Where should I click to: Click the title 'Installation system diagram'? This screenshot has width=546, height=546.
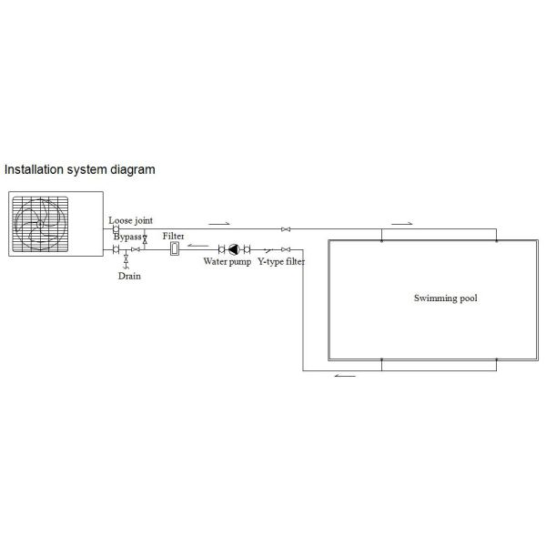(x=80, y=169)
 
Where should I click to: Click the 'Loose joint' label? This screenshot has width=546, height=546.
(x=130, y=220)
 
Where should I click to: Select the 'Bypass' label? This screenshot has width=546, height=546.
(x=126, y=237)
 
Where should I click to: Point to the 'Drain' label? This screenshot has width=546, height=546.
(x=129, y=276)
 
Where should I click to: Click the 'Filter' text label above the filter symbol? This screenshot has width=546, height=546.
(x=174, y=237)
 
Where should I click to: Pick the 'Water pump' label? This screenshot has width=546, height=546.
(x=227, y=262)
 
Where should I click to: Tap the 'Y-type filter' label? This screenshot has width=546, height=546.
(x=280, y=262)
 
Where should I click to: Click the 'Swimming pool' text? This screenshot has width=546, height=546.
(x=445, y=298)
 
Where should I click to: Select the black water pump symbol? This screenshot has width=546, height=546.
(x=234, y=249)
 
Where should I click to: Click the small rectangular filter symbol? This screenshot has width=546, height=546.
(x=175, y=248)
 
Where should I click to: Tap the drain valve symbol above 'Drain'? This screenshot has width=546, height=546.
(x=126, y=262)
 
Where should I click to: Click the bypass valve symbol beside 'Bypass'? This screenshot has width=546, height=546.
(x=145, y=238)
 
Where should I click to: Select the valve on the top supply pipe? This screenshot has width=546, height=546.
(x=286, y=228)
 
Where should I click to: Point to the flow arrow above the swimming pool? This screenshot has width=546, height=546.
(x=401, y=223)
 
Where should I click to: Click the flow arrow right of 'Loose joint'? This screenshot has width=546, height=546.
(x=219, y=223)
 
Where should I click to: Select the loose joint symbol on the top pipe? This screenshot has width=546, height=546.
(x=116, y=228)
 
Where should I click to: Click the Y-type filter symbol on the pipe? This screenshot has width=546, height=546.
(x=268, y=249)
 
